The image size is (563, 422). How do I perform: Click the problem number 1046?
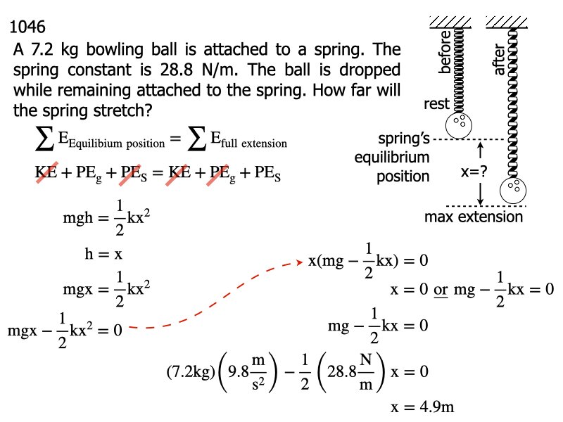tap(29, 28)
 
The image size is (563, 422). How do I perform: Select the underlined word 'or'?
tap(441, 289)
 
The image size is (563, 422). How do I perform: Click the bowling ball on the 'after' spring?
tap(512, 191)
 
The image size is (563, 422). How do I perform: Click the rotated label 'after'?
tap(500, 60)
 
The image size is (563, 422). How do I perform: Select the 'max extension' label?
tap(474, 217)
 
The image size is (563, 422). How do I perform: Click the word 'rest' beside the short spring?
tap(436, 105)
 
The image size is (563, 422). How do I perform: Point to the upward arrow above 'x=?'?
tap(479, 150)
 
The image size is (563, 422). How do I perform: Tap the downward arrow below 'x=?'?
tap(479, 192)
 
